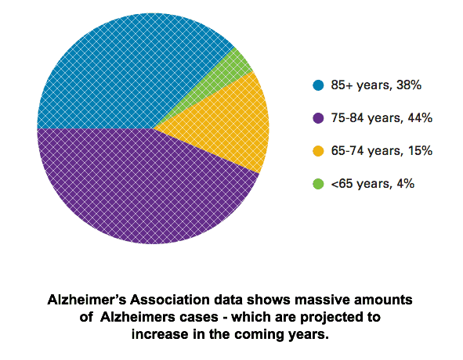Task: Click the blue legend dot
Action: pos(318,85)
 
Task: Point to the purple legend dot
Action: pos(318,118)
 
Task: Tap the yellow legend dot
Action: pos(318,151)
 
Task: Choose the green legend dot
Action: pos(318,184)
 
